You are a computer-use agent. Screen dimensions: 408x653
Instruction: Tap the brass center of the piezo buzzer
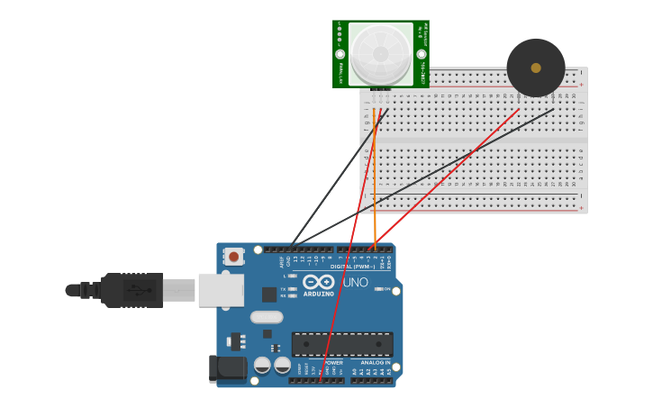click(536, 68)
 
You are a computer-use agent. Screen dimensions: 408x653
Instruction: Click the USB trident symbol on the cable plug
click(138, 290)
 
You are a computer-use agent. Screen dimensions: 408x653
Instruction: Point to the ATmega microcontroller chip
click(342, 344)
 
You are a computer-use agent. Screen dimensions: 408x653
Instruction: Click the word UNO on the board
click(356, 282)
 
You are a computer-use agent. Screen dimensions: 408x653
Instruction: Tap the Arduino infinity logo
click(319, 282)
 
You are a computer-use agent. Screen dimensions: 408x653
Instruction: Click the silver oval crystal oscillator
click(267, 317)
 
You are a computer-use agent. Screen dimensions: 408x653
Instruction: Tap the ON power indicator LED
click(378, 289)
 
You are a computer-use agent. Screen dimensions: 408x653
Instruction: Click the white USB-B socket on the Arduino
click(221, 290)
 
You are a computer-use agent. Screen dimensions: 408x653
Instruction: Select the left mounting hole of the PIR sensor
click(340, 54)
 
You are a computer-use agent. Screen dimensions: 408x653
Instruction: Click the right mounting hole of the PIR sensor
click(422, 54)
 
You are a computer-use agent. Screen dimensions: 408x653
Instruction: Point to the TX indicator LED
click(293, 288)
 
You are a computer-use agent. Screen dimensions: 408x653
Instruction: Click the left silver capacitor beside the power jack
click(262, 365)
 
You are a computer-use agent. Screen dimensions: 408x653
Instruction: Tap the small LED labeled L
click(293, 276)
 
